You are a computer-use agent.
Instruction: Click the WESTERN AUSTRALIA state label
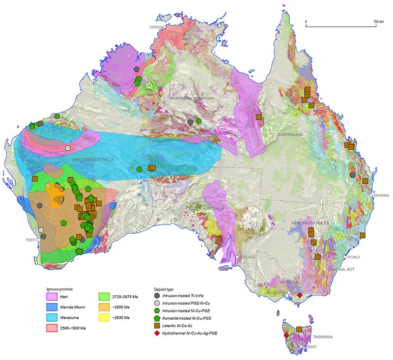(93, 161)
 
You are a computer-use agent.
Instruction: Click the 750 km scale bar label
(378, 22)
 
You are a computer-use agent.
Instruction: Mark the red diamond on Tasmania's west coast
(286, 336)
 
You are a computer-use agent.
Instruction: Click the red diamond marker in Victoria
(300, 295)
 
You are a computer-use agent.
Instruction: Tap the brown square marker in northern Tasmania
(299, 329)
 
